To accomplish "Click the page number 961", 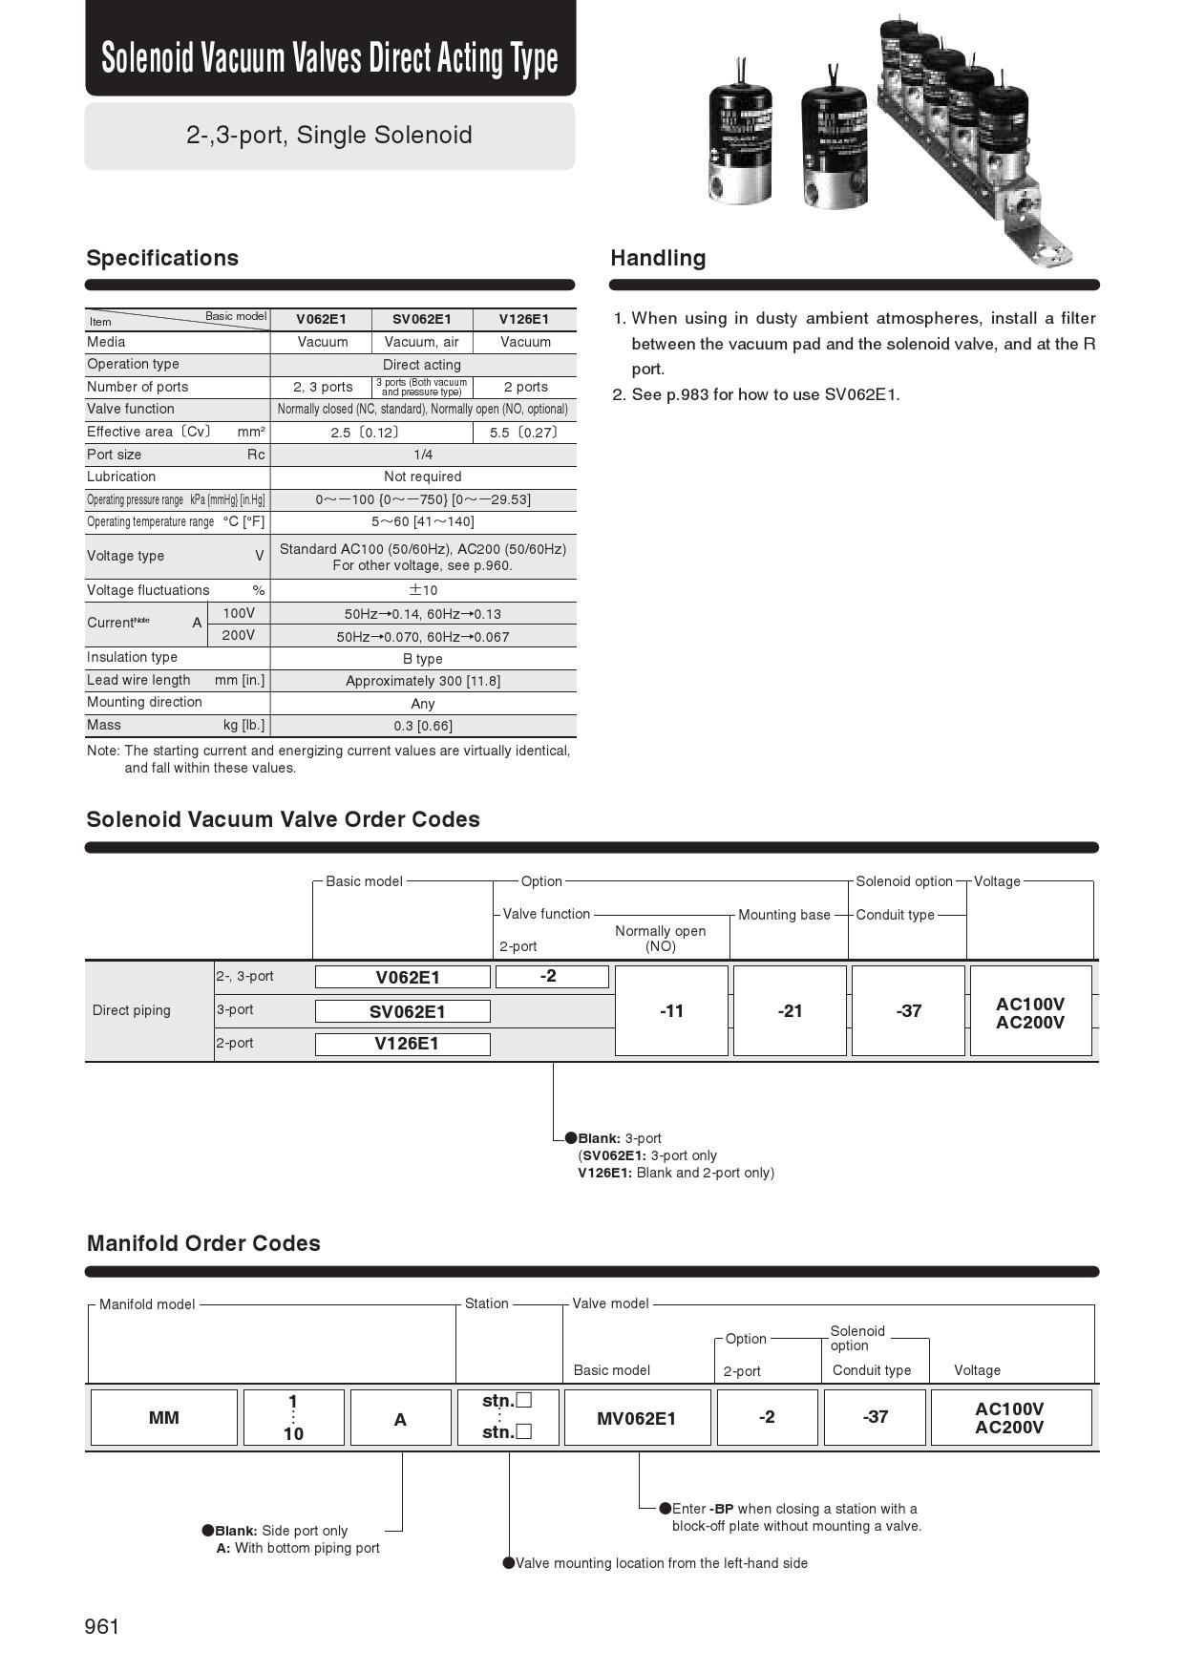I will click(102, 1626).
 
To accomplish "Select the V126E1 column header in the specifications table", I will click(524, 319).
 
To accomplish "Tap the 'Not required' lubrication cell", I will click(422, 476).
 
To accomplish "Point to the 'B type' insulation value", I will click(422, 659).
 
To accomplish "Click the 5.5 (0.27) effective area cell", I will click(523, 433).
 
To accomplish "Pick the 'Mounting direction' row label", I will click(144, 702).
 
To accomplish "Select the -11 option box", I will click(671, 1010).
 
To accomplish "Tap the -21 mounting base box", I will click(790, 1010).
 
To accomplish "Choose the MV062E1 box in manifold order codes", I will click(636, 1418).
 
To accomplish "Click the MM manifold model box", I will click(163, 1418).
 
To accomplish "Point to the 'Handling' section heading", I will click(658, 258).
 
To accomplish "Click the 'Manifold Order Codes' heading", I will click(203, 1243).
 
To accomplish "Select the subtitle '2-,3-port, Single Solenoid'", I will click(329, 135).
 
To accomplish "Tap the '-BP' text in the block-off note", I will click(722, 1509).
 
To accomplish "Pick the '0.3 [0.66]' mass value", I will click(422, 726).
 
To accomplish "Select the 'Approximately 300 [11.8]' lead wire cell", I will click(422, 681).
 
